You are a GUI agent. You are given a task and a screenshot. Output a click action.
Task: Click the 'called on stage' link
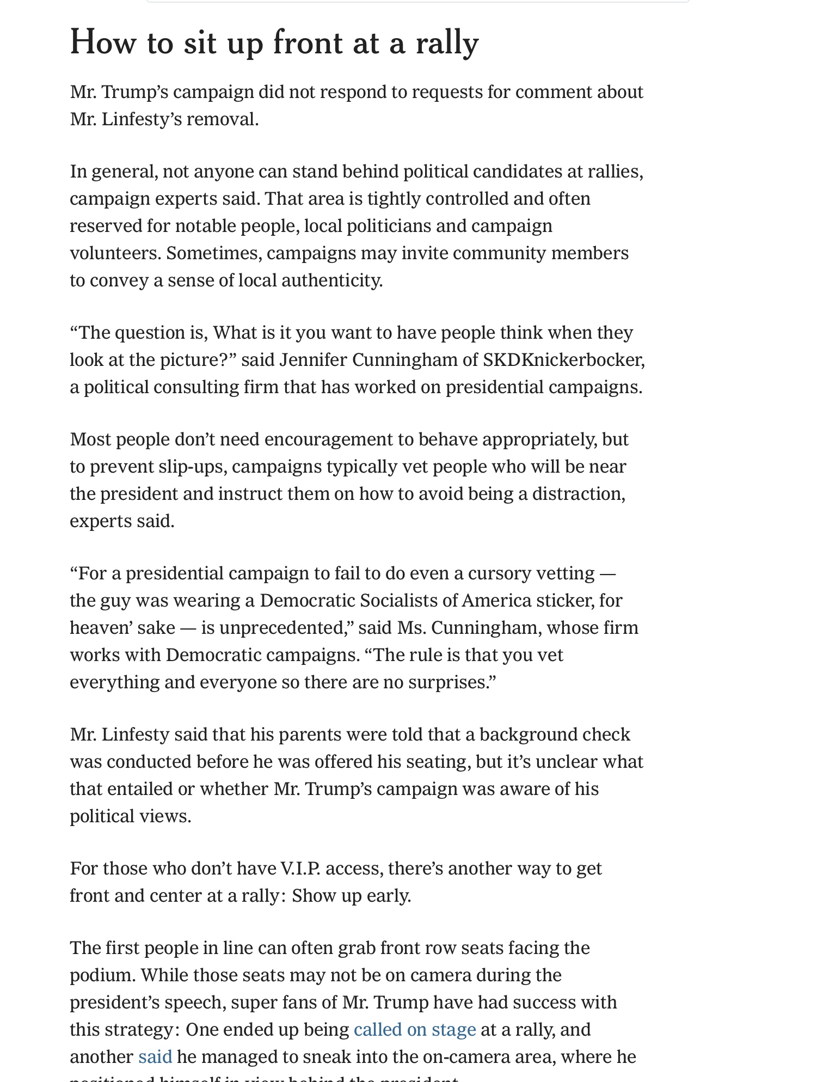point(414,1029)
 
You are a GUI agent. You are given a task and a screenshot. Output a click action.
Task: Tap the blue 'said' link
point(155,1056)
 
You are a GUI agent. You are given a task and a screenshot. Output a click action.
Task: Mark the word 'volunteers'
point(115,253)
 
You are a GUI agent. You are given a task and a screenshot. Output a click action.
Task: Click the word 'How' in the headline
point(102,44)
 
